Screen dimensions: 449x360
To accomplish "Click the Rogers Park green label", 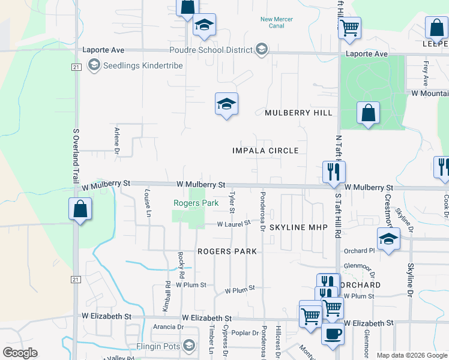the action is tap(196, 203).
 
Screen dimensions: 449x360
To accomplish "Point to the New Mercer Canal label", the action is tap(276, 23).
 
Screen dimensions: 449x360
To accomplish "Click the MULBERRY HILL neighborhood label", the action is tap(298, 113).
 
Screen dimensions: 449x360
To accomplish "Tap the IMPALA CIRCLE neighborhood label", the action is tap(265, 151).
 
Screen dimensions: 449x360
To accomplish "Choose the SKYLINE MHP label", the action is tap(298, 228).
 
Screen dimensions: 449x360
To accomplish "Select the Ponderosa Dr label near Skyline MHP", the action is tap(262, 211).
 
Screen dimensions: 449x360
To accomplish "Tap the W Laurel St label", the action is tap(234, 223).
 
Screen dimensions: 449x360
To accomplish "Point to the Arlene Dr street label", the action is tap(117, 140).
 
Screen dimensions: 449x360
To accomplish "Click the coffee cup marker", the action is tap(332, 333).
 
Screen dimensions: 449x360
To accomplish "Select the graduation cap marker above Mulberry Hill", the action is tap(226, 104).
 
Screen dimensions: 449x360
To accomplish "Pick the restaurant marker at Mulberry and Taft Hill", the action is tap(333, 172).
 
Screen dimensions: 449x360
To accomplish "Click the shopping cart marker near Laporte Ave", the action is tap(349, 27).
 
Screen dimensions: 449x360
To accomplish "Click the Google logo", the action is tap(20, 353).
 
